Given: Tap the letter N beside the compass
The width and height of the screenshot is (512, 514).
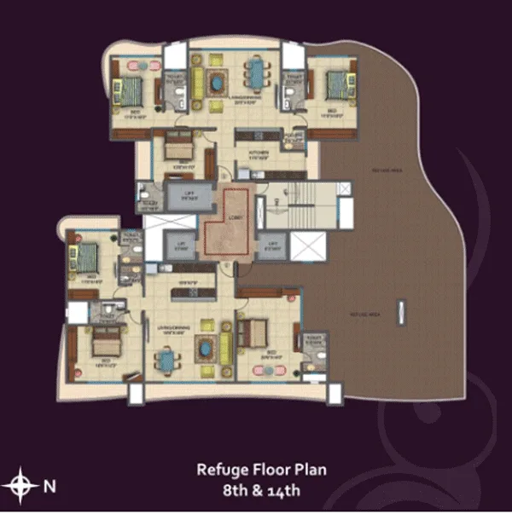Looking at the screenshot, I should click(x=49, y=487).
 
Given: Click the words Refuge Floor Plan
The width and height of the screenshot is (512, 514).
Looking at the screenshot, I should click(x=260, y=469).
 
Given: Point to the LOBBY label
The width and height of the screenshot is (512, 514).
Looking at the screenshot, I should click(x=236, y=217).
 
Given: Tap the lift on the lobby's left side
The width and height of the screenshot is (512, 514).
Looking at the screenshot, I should click(x=182, y=245).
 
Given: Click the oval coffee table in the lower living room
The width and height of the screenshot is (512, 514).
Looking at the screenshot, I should click(x=206, y=348).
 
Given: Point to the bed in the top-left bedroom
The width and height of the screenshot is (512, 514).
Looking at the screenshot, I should click(x=131, y=87).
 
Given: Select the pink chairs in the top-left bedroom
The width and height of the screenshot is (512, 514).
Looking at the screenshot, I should click(x=134, y=64).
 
